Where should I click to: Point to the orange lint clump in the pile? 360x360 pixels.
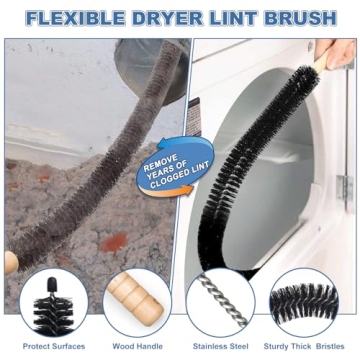point(118,240)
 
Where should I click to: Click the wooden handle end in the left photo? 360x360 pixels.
point(10,263)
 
